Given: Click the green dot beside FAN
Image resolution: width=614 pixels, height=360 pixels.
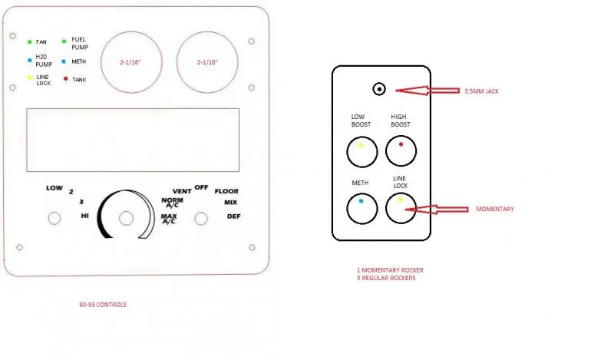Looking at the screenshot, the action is pyautogui.click(x=29, y=42).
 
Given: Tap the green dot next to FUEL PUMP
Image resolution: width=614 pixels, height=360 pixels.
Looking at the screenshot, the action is pyautogui.click(x=64, y=41).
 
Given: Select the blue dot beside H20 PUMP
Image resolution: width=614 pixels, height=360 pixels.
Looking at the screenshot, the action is pyautogui.click(x=29, y=61).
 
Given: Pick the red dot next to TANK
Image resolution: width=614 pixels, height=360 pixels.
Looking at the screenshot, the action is pyautogui.click(x=65, y=79).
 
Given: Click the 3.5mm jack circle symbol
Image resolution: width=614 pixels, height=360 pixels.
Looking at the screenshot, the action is pyautogui.click(x=379, y=89).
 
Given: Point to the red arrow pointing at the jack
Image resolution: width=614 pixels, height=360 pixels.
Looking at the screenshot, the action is pyautogui.click(x=427, y=91).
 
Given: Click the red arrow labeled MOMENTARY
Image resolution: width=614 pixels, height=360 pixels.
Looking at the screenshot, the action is pyautogui.click(x=437, y=210).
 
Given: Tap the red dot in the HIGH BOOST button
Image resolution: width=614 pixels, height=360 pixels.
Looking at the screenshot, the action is pyautogui.click(x=401, y=144).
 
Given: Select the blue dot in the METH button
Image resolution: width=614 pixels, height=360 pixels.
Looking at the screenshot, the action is pyautogui.click(x=361, y=201).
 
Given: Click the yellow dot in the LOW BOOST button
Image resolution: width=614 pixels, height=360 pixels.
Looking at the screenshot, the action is pyautogui.click(x=361, y=145).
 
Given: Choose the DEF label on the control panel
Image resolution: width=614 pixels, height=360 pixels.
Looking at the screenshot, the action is pyautogui.click(x=234, y=216).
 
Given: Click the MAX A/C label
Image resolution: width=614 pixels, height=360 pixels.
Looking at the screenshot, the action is pyautogui.click(x=169, y=219).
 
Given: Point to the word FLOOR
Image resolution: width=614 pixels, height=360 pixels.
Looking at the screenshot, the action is pyautogui.click(x=226, y=191).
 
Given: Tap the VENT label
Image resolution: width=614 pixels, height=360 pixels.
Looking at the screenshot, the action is pyautogui.click(x=182, y=191).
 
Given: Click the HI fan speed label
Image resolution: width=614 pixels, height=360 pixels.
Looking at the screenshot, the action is pyautogui.click(x=84, y=216).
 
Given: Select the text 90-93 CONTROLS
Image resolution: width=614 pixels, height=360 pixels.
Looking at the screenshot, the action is pyautogui.click(x=103, y=305).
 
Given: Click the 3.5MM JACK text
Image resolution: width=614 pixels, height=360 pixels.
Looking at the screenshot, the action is pyautogui.click(x=482, y=91).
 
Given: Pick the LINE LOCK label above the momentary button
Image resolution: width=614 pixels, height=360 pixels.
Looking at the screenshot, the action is pyautogui.click(x=400, y=182).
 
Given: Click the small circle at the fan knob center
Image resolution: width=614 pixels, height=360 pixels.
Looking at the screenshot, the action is pyautogui.click(x=126, y=218).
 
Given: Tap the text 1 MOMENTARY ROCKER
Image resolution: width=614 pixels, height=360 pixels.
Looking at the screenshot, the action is pyautogui.click(x=390, y=270).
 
